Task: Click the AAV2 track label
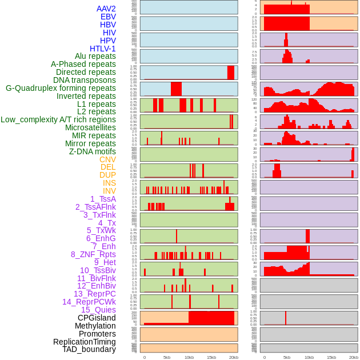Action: tap(106, 9)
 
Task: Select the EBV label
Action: tap(108, 17)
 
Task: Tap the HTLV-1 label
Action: tap(103, 49)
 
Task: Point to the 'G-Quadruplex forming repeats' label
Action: tap(61, 88)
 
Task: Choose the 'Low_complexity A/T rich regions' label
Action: tap(58, 119)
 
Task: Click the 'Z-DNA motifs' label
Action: tap(93, 151)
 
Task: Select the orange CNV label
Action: tap(107, 159)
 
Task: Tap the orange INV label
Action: tap(109, 191)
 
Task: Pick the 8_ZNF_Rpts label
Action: tap(93, 254)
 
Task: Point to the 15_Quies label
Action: tap(98, 310)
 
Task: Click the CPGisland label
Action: tap(97, 318)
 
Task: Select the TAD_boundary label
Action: tap(89, 349)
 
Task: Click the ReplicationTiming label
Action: tap(84, 342)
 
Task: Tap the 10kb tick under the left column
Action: tap(189, 357)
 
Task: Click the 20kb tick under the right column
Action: tap(354, 357)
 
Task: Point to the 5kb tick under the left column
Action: tap(167, 357)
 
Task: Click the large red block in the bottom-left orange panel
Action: tap(211, 318)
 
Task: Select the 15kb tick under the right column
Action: tap(331, 357)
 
